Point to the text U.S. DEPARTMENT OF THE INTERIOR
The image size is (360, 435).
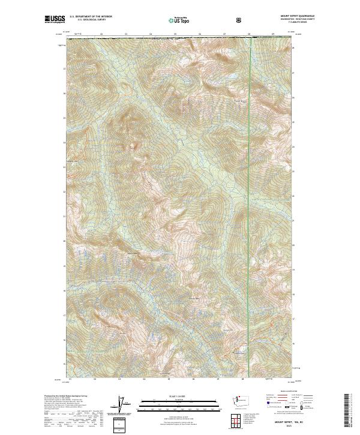[x=91, y=17]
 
